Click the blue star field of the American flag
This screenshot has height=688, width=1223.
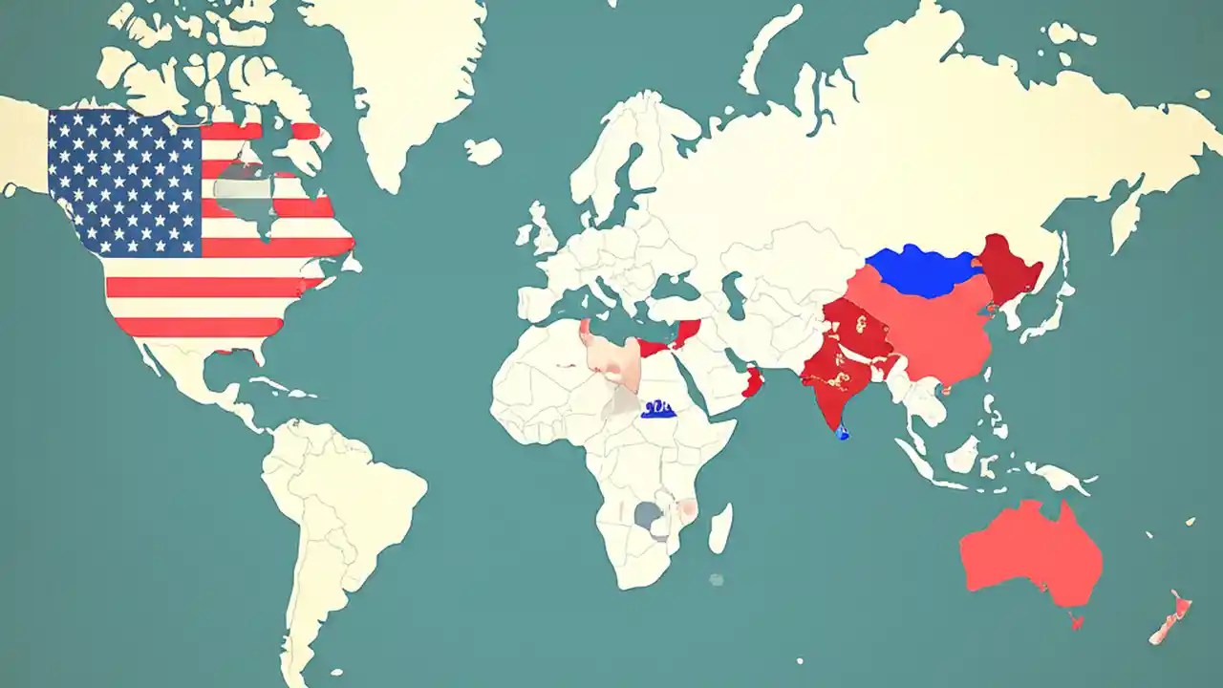[x=124, y=182]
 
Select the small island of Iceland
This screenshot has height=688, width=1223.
[x=483, y=150]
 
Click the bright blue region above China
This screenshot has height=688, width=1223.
[x=922, y=269]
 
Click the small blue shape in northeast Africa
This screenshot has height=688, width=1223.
[x=658, y=410]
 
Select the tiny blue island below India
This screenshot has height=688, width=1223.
[x=842, y=433]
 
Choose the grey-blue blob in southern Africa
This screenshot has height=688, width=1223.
[x=650, y=517]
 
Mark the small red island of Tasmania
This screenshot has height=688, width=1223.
[x=1078, y=622]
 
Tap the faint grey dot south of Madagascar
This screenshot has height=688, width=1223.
[x=716, y=579]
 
